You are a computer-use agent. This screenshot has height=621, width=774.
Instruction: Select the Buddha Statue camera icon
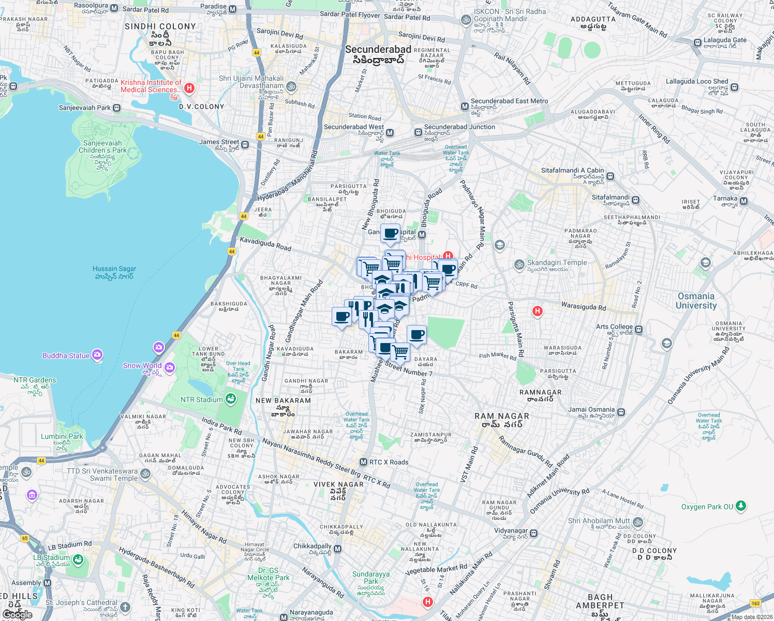click(97, 355)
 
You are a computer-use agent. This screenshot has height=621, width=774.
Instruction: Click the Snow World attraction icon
click(170, 367)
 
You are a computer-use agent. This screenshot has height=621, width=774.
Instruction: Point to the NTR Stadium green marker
click(231, 399)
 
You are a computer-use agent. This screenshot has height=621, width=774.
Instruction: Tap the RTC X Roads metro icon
click(363, 462)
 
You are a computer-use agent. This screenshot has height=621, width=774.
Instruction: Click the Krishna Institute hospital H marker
click(189, 88)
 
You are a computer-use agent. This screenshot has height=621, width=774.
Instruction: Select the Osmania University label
click(696, 301)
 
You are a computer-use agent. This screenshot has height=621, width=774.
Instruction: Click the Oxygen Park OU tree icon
click(741, 506)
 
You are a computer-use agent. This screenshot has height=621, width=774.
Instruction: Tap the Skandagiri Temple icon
click(519, 265)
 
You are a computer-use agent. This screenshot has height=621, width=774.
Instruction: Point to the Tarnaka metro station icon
click(743, 201)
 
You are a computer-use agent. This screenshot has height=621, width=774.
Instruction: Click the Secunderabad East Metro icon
click(465, 106)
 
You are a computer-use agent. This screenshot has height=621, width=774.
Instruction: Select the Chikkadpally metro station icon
click(338, 549)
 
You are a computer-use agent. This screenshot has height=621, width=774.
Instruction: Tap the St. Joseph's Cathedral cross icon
click(125, 607)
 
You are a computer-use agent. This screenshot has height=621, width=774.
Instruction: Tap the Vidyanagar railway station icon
click(534, 533)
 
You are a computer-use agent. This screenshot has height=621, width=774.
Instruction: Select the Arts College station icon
click(639, 329)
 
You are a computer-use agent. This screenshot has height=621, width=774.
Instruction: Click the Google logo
click(17, 614)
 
